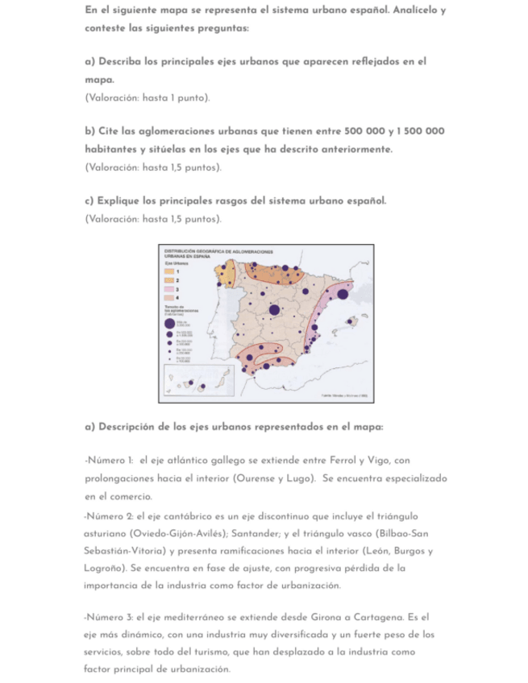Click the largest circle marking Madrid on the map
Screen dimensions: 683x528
pyautogui.click(x=274, y=309)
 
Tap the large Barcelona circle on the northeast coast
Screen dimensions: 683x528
pyautogui.click(x=343, y=294)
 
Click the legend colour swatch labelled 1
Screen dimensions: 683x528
pyautogui.click(x=171, y=272)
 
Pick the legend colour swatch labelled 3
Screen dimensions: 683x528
pyautogui.click(x=171, y=288)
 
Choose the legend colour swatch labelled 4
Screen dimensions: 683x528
pyautogui.click(x=171, y=296)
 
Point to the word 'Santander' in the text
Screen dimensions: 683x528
pyautogui.click(x=248, y=533)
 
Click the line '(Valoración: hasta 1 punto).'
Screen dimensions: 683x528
pyautogui.click(x=147, y=97)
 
